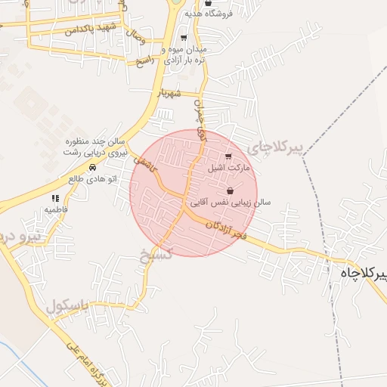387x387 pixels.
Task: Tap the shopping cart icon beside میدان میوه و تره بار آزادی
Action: (184, 37)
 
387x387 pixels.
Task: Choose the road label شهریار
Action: (166, 94)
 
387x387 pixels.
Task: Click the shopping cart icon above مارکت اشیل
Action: (229, 156)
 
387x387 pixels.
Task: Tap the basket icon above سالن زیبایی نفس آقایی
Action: (230, 190)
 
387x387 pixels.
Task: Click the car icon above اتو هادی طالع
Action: (92, 167)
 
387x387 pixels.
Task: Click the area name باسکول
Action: (67, 307)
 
